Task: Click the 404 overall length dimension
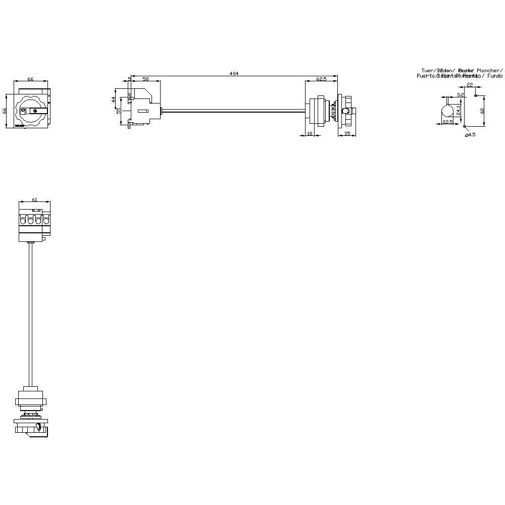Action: point(234,74)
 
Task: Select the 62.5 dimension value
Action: point(321,79)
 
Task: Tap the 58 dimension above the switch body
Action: point(145,79)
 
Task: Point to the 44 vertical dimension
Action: point(114,99)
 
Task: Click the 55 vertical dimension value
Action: point(119,110)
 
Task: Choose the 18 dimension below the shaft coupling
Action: point(310,133)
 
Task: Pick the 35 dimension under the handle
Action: point(347,133)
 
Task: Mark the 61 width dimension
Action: point(35,200)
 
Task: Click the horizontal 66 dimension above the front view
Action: point(30,79)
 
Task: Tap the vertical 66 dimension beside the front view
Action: point(6,110)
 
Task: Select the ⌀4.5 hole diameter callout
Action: point(471,134)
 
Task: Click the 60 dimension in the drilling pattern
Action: point(482,110)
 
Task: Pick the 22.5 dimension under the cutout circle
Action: point(447,122)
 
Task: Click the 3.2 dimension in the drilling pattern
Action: point(460,94)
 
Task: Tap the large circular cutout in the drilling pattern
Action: point(447,110)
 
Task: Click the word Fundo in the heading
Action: point(495,76)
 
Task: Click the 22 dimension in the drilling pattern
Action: point(470,85)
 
